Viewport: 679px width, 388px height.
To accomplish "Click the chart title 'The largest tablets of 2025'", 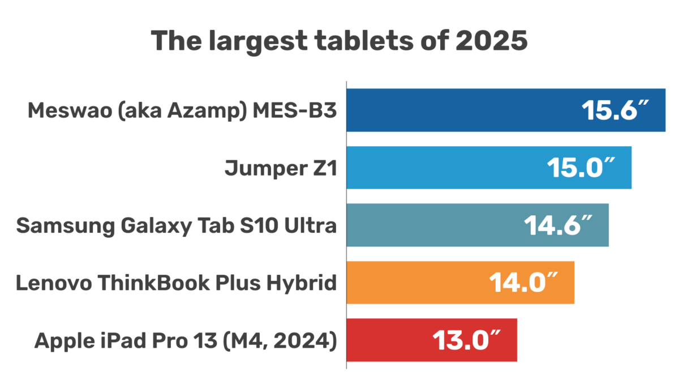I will (x=339, y=42).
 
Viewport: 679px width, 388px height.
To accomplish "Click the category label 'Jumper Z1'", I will (x=281, y=168).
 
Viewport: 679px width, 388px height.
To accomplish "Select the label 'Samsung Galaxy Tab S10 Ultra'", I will (x=177, y=226).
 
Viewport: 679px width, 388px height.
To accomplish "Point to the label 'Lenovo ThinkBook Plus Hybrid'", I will (x=177, y=283).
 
